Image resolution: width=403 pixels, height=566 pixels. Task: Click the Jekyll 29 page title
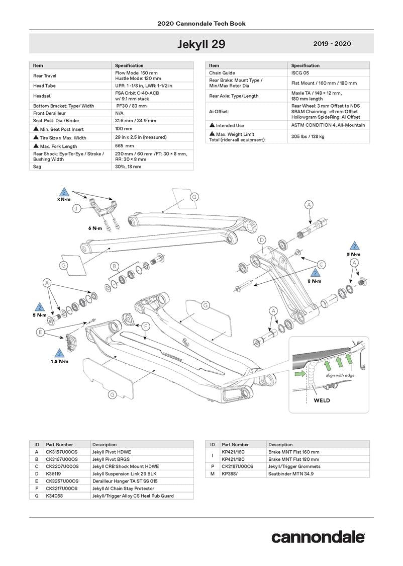[201, 44]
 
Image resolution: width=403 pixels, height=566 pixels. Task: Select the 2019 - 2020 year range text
[332, 44]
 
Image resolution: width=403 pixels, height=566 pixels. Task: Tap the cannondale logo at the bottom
[318, 537]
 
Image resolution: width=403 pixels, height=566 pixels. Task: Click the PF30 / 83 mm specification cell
[132, 106]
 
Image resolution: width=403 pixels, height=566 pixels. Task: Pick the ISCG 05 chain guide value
[300, 73]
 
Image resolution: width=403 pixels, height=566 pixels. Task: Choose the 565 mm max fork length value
[125, 146]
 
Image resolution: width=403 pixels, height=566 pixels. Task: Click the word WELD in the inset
[322, 400]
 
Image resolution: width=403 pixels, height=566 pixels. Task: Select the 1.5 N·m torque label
[60, 361]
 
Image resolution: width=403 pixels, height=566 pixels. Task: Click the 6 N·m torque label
[95, 228]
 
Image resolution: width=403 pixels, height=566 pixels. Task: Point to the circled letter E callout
[40, 332]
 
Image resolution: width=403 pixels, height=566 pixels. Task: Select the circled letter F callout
[146, 326]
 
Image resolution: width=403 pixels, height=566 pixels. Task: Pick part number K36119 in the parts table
[54, 473]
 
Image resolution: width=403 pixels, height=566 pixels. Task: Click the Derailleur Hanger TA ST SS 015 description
[125, 481]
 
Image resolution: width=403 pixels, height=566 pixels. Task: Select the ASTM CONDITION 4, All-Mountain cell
[328, 125]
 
